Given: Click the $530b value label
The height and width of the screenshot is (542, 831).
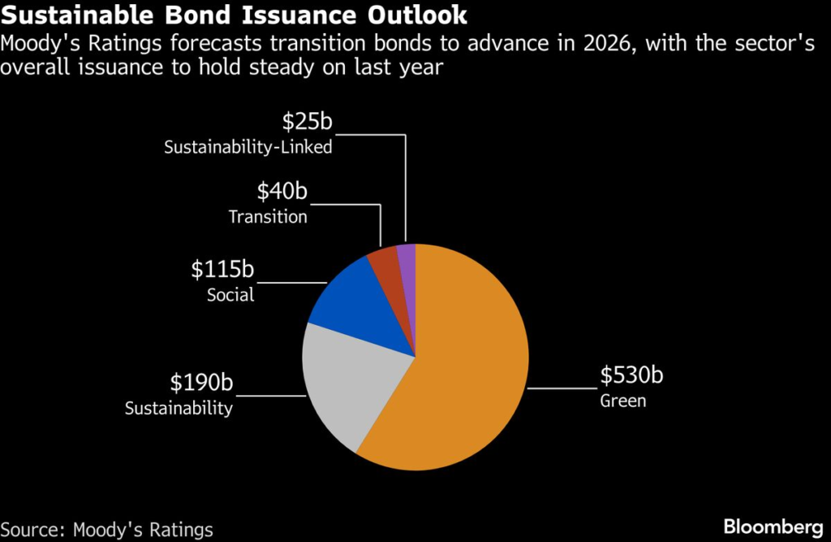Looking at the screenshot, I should point(631,375).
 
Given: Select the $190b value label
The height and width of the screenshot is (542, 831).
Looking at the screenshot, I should point(201,383).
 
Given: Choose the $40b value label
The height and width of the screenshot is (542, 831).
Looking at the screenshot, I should point(282,192).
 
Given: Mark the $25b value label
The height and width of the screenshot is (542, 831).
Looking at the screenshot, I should point(308,122).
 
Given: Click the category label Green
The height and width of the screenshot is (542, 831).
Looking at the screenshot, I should point(623,401).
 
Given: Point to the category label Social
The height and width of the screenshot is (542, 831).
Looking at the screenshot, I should point(230,295).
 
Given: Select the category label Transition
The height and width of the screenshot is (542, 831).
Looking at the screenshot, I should point(268,217).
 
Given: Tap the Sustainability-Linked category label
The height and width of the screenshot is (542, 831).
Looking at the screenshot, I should point(248,147).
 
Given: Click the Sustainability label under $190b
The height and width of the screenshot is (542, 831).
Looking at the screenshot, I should point(179,408).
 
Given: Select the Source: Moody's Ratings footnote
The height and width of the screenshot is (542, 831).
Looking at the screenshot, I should point(107,530).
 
